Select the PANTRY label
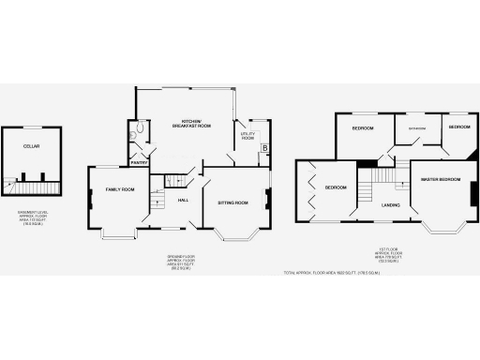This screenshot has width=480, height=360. click(x=139, y=162)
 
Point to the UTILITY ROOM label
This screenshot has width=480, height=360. click(x=247, y=136)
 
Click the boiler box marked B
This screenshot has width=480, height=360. click(x=265, y=148)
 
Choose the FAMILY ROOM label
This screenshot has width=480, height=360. click(x=120, y=189)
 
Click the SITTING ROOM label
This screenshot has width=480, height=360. click(x=232, y=202)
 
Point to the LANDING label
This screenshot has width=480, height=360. click(x=391, y=204)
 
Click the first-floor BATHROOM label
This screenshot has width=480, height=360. click(x=416, y=127)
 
